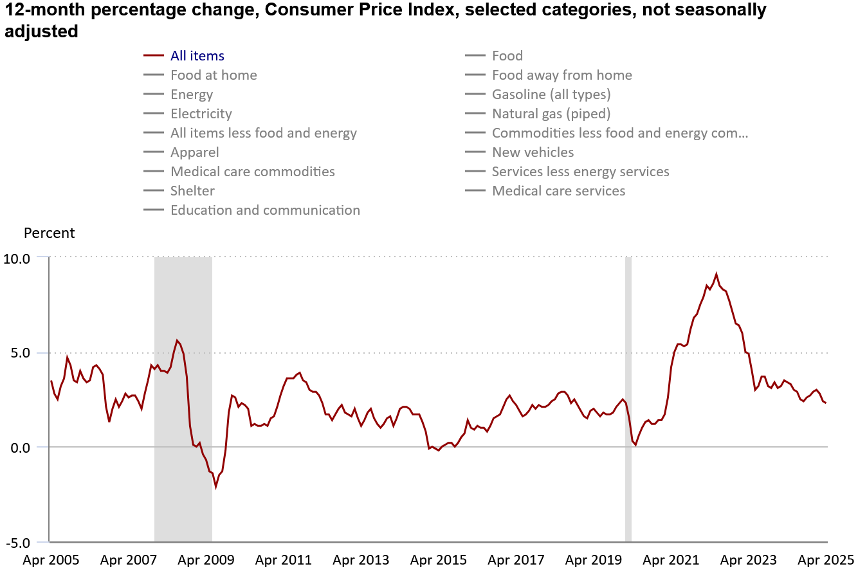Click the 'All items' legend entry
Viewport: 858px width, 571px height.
click(197, 56)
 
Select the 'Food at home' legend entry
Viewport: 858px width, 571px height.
click(214, 75)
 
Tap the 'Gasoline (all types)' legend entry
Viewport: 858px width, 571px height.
click(551, 95)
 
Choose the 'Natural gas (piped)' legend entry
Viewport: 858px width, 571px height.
click(551, 114)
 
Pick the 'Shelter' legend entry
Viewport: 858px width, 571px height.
click(192, 191)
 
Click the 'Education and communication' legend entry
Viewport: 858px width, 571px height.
click(265, 210)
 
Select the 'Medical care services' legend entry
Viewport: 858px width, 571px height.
click(558, 191)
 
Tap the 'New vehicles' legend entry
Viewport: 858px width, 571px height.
click(533, 152)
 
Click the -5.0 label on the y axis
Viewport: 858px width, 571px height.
click(17, 542)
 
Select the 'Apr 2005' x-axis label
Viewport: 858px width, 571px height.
click(51, 560)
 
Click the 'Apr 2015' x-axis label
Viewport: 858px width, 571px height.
click(439, 560)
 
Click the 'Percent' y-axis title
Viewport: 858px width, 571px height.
click(50, 233)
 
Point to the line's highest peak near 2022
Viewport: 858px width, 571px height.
click(717, 274)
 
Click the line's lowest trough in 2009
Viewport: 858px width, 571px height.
click(216, 487)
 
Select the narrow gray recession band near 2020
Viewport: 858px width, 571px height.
click(628, 399)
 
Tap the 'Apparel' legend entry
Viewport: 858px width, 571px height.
click(194, 152)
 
